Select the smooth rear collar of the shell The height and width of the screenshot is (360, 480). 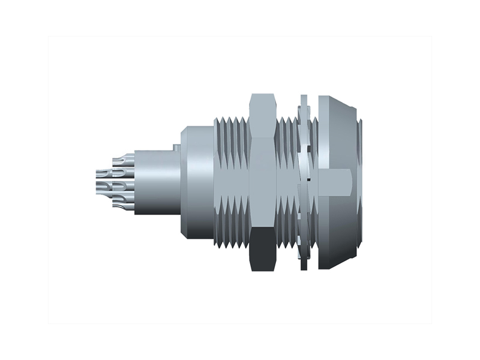coord(197,180)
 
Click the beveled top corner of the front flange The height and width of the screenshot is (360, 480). coord(339,105)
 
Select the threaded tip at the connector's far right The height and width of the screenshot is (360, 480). coord(359,180)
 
